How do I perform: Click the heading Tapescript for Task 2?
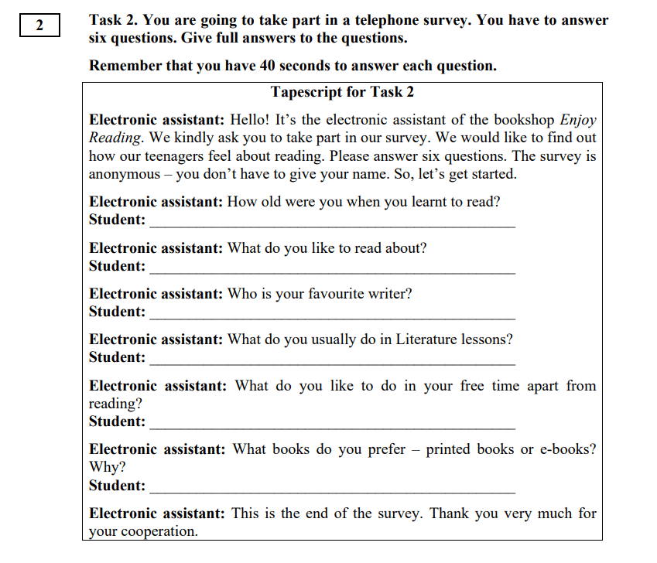(342, 92)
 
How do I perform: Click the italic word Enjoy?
(578, 121)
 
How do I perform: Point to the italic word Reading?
(115, 138)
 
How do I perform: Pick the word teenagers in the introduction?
(187, 156)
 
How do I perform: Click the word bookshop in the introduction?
(524, 121)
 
